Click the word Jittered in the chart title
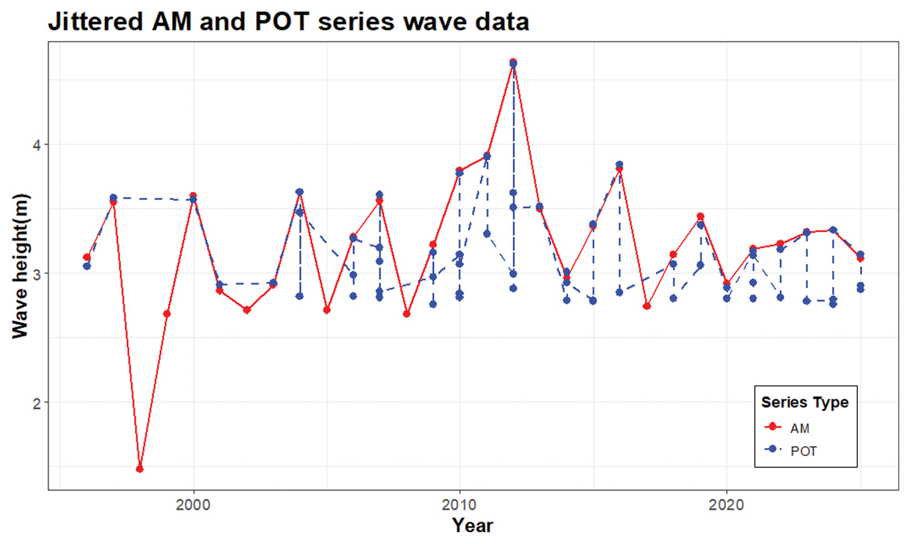click(96, 22)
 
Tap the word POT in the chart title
click(282, 22)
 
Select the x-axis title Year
click(472, 525)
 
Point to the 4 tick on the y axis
click(37, 145)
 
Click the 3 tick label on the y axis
click(37, 274)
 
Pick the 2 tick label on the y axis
click(37, 403)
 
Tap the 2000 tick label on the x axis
click(193, 505)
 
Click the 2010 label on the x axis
click(459, 505)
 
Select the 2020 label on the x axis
click(726, 505)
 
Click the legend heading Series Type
click(805, 402)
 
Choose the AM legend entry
click(799, 428)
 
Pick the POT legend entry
click(803, 451)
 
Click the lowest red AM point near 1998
click(140, 469)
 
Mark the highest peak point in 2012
click(513, 62)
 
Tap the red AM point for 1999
click(167, 314)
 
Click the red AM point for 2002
click(247, 310)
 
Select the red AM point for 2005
click(327, 310)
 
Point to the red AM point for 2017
click(647, 306)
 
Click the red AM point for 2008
click(407, 314)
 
